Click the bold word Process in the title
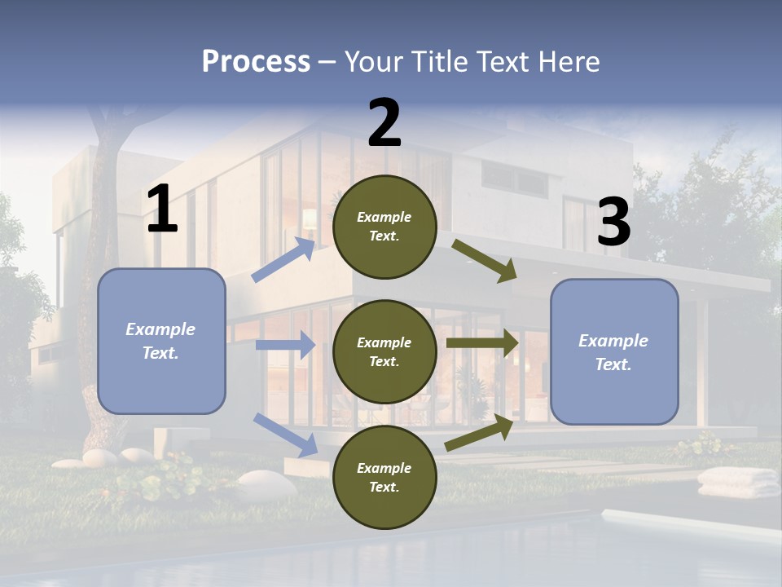pos(256,62)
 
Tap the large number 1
pos(162,209)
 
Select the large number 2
pos(384,122)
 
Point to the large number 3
pos(613,222)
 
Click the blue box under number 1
pos(161,341)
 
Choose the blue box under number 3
pos(614,351)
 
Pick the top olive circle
pos(384,227)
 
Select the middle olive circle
pos(384,351)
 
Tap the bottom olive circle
pos(384,477)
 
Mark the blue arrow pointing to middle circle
pos(285,345)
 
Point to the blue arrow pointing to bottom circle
pos(286,434)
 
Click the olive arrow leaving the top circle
pos(485,260)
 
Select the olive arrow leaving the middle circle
pos(482,343)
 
